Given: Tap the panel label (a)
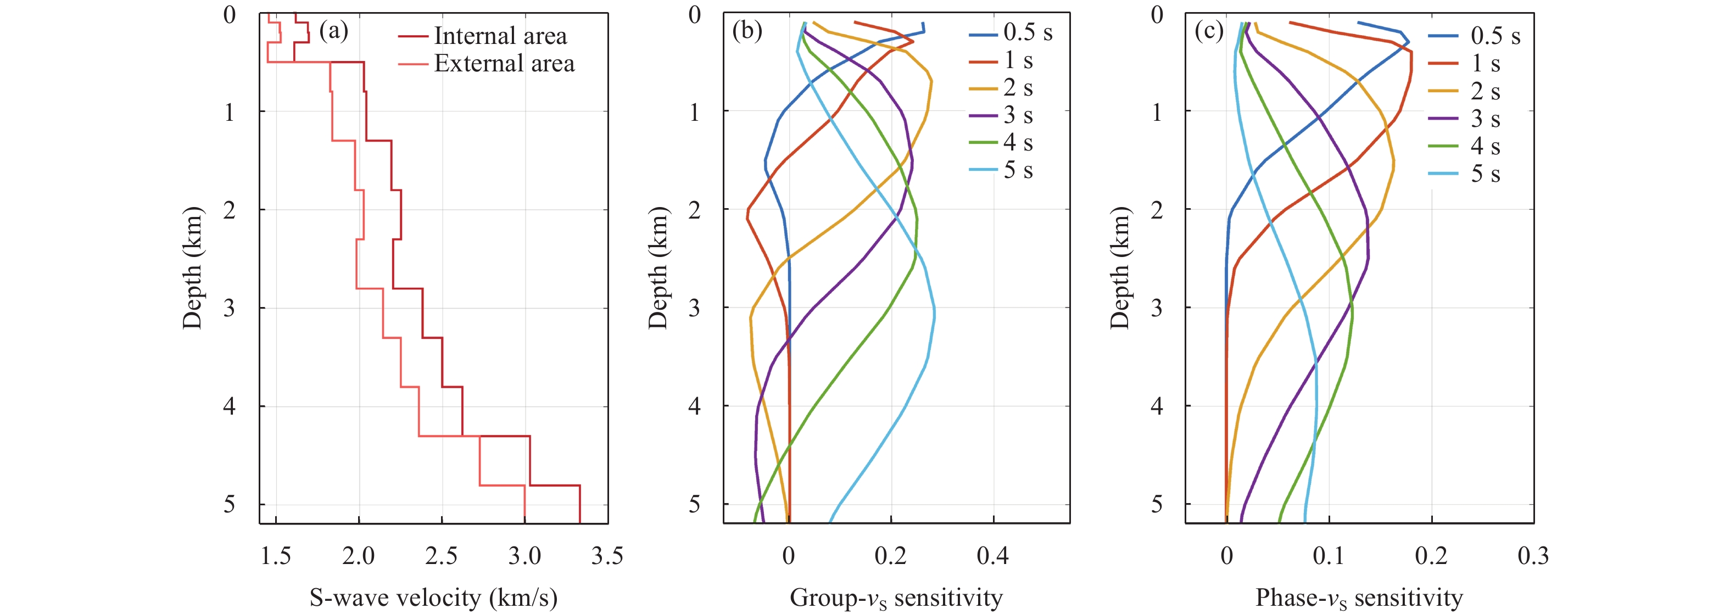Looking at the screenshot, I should click(x=333, y=31).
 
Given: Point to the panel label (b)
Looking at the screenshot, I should click(x=747, y=31).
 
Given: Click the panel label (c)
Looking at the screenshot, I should click(x=1209, y=31).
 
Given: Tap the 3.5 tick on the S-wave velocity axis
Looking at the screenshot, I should click(x=607, y=556).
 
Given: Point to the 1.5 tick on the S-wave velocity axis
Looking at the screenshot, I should click(x=276, y=556).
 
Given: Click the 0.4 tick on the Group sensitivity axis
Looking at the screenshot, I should click(x=992, y=556).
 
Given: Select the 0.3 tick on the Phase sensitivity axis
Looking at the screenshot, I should click(x=1533, y=556).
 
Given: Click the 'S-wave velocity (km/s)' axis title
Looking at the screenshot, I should click(x=433, y=597).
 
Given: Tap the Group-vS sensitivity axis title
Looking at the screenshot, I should click(x=896, y=597).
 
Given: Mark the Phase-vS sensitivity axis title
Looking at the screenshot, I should click(x=1359, y=597).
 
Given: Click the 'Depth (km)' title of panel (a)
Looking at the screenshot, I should click(x=192, y=267).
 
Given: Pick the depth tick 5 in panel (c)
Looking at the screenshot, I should click(x=1157, y=504).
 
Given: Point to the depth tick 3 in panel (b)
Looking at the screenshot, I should click(x=694, y=308).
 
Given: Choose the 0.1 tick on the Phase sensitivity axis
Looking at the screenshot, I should click(x=1329, y=556).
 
